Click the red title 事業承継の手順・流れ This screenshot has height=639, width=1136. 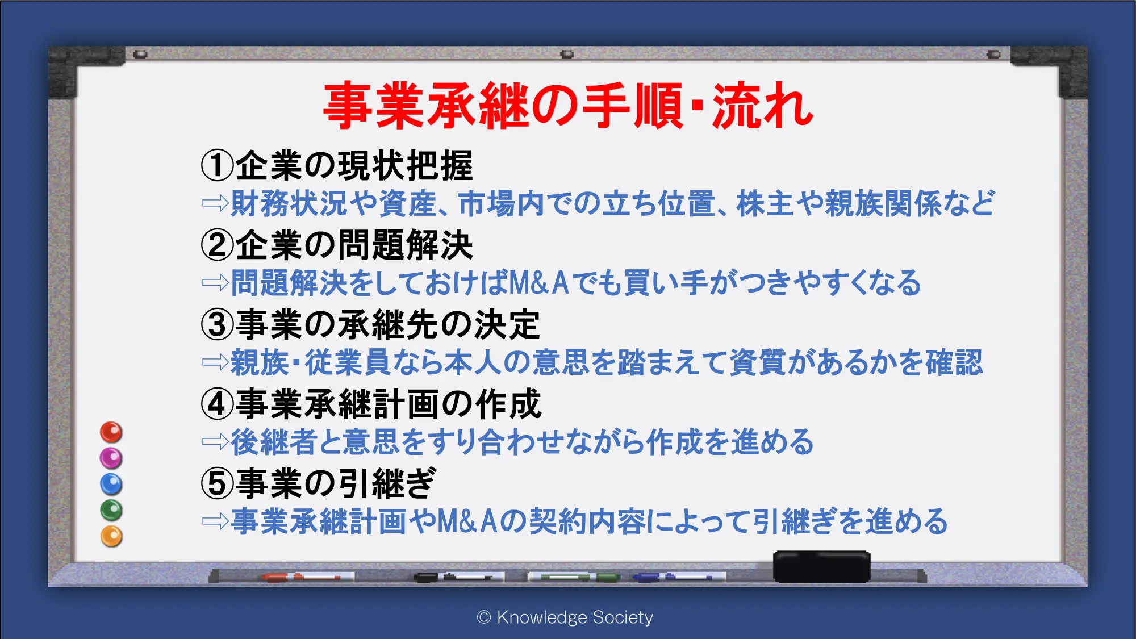(569, 105)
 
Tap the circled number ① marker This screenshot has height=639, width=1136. (218, 165)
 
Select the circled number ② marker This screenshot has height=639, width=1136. (218, 245)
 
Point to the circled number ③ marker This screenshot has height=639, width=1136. (218, 324)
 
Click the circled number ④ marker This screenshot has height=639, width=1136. (218, 404)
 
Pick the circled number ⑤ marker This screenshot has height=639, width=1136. (218, 483)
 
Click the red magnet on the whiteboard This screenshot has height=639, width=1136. (111, 432)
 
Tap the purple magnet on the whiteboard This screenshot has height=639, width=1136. (111, 458)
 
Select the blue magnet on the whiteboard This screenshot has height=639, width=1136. (111, 485)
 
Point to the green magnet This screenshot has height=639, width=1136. (111, 510)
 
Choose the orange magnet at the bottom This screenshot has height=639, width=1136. (111, 536)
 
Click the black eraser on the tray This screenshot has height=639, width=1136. (821, 566)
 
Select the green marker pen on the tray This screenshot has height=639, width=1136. (574, 577)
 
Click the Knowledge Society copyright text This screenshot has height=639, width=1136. (565, 617)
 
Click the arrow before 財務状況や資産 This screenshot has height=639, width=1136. (215, 203)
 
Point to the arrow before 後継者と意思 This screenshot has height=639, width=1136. (215, 442)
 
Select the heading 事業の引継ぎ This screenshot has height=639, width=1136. (336, 483)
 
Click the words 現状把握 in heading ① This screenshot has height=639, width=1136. (406, 165)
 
